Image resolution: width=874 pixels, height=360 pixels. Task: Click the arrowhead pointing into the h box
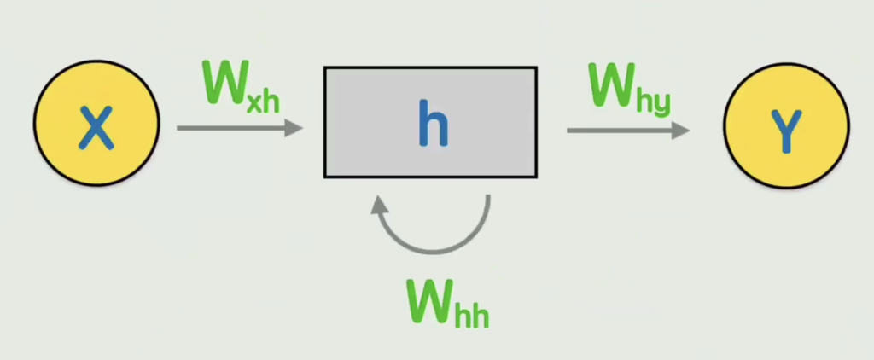(x=294, y=128)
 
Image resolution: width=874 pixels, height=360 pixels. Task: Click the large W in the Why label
(x=613, y=84)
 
